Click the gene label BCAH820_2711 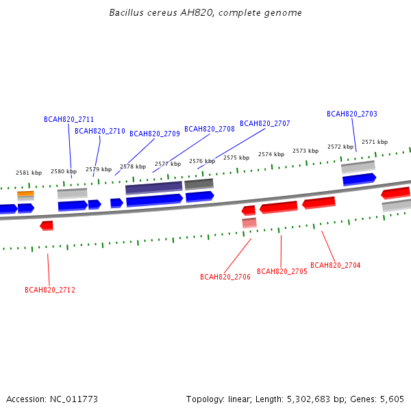(x=68, y=119)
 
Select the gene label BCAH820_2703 (x=352, y=114)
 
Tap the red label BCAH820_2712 (x=50, y=290)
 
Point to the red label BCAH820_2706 (x=225, y=277)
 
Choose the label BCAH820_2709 (x=155, y=134)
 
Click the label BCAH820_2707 (x=264, y=123)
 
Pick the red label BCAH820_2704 (x=335, y=265)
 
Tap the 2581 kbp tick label (x=29, y=173)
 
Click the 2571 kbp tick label (x=375, y=142)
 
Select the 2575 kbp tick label (x=236, y=158)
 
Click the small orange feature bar (x=26, y=194)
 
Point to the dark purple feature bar (x=154, y=188)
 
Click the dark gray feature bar (x=199, y=184)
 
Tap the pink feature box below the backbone (x=249, y=223)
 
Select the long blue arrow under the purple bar (x=155, y=201)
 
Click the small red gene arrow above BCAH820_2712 (x=47, y=225)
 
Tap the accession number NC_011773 (x=74, y=399)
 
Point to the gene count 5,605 (x=392, y=399)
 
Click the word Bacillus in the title (x=126, y=12)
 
